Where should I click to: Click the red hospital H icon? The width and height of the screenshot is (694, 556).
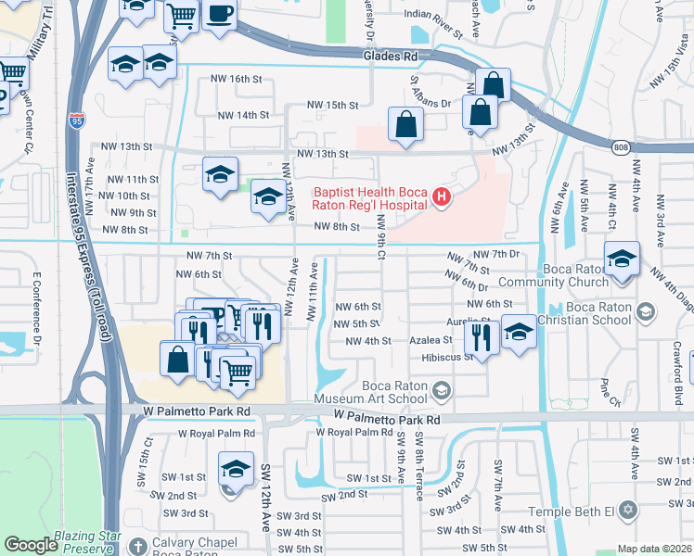[442, 196]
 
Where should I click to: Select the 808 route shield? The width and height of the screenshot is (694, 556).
[621, 146]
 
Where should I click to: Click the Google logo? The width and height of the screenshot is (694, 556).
[32, 545]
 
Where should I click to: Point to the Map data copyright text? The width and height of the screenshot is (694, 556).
[654, 549]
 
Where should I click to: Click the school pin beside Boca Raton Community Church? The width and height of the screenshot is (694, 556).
[622, 259]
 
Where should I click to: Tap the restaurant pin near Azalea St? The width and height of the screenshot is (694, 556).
[480, 337]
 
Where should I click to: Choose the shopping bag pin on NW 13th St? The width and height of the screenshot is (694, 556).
[405, 123]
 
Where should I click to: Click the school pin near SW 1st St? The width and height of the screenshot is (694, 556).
[237, 469]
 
